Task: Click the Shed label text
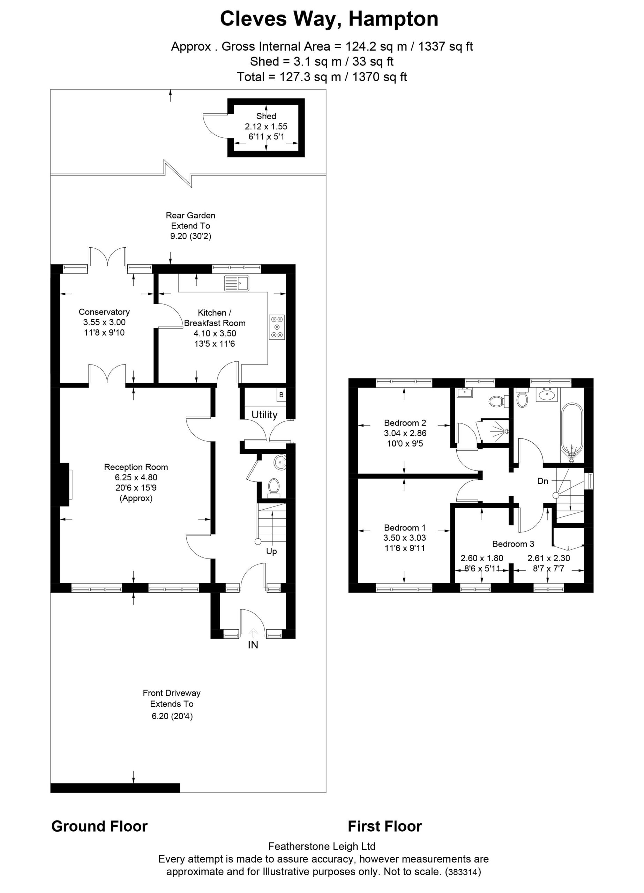coord(266,116)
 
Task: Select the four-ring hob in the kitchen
coord(277,327)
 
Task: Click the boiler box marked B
coord(281,395)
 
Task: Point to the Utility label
coord(264,415)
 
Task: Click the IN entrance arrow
coord(253,633)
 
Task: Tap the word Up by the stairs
coord(271,551)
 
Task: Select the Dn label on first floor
coord(542,481)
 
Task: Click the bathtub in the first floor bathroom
coord(571,432)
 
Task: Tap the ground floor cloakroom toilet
coord(273,486)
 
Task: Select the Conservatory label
coord(104,312)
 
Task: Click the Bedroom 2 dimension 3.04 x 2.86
coord(405,433)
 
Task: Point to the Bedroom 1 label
coord(405,528)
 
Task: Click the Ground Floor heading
coord(99,826)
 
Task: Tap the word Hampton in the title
coord(394,18)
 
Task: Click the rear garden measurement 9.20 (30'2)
coord(190,236)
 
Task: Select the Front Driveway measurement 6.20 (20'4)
coord(172,716)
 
